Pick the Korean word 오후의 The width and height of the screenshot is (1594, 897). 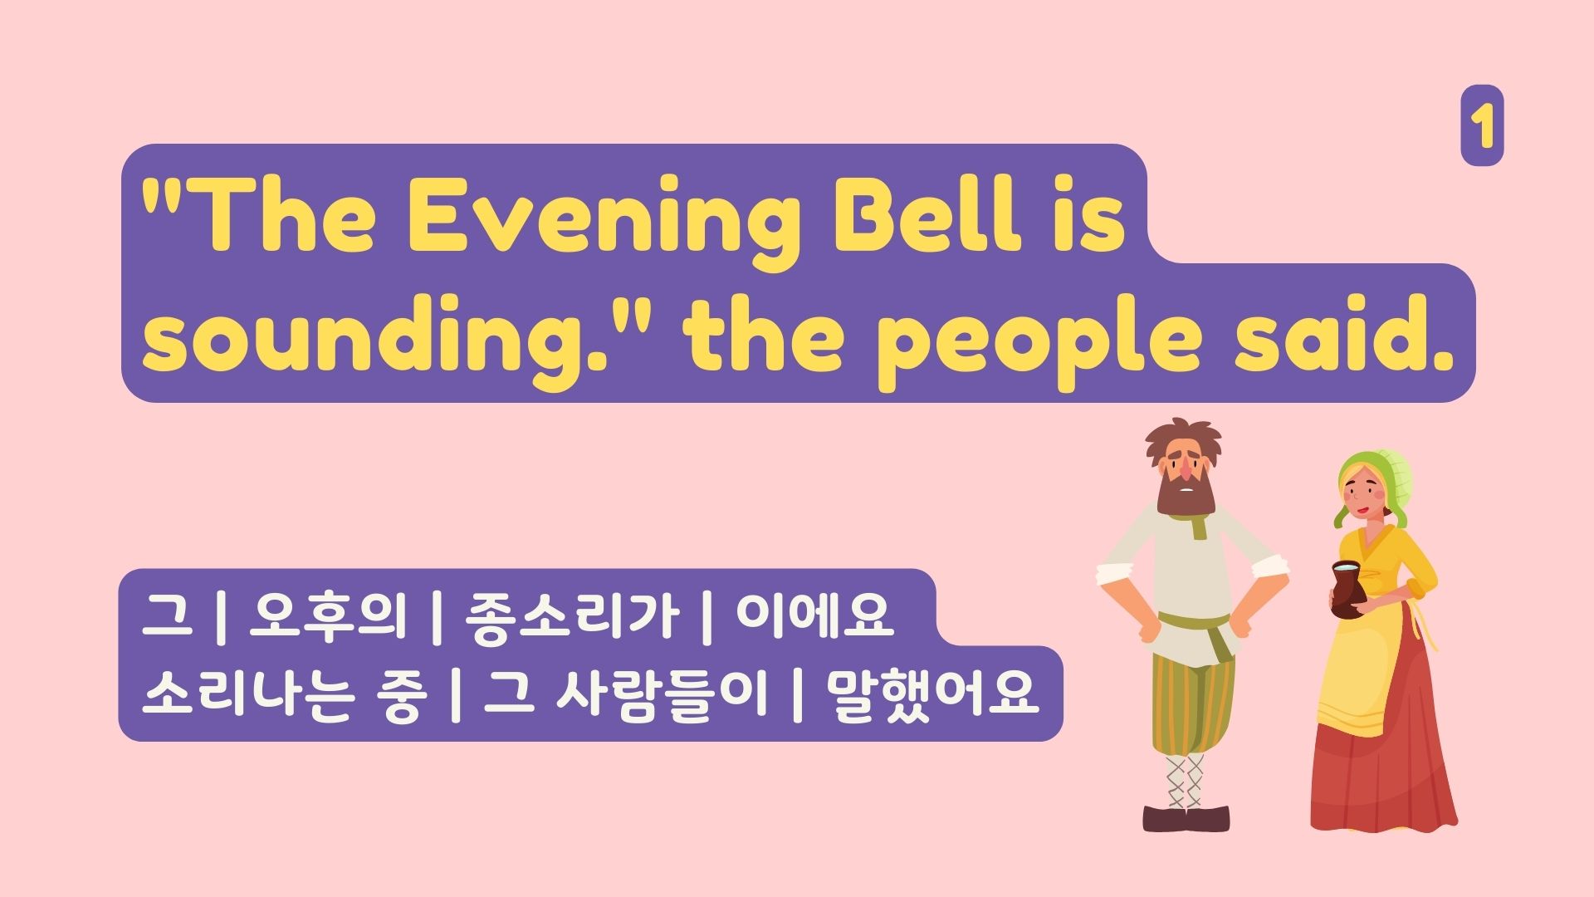coord(327,616)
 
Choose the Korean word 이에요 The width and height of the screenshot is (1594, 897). coord(814,616)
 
